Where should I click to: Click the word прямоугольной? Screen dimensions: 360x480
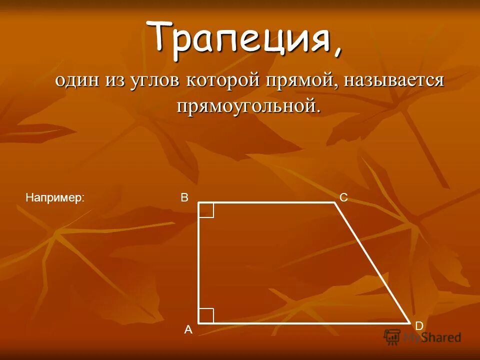click(247, 105)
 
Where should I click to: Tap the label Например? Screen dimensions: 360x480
click(55, 198)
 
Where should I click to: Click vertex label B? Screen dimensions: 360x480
click(184, 198)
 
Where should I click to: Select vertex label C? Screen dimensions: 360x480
click(343, 198)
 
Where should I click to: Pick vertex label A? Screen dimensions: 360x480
click(188, 329)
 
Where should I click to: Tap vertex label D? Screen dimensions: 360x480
click(419, 326)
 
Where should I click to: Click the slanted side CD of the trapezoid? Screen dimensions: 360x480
click(372, 263)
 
